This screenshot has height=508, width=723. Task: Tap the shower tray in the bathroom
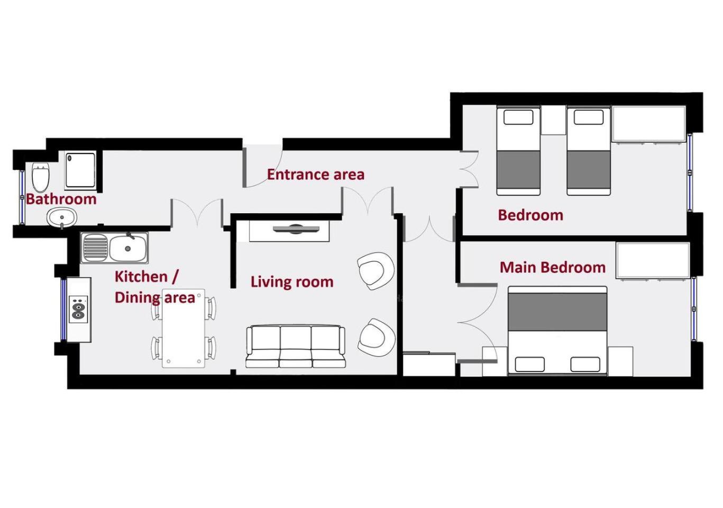(81, 170)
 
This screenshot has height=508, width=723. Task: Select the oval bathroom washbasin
(62, 217)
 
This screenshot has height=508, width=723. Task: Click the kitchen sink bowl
(128, 248)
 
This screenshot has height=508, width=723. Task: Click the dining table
(184, 328)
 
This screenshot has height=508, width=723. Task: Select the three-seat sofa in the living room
(295, 347)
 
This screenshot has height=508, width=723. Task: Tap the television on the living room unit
(296, 229)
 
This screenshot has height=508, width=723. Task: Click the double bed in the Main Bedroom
(557, 331)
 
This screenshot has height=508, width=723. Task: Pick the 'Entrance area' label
(316, 175)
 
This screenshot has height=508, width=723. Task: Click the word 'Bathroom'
(61, 199)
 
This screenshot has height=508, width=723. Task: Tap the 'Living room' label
(292, 282)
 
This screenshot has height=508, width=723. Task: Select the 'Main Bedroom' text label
(553, 268)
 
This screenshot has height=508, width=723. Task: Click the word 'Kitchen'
(141, 277)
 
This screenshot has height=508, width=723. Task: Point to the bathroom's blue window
(22, 197)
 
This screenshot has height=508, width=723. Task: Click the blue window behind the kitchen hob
(63, 310)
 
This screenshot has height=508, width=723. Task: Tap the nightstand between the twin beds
(554, 120)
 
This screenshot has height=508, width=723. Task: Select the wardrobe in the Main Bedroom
(653, 260)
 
